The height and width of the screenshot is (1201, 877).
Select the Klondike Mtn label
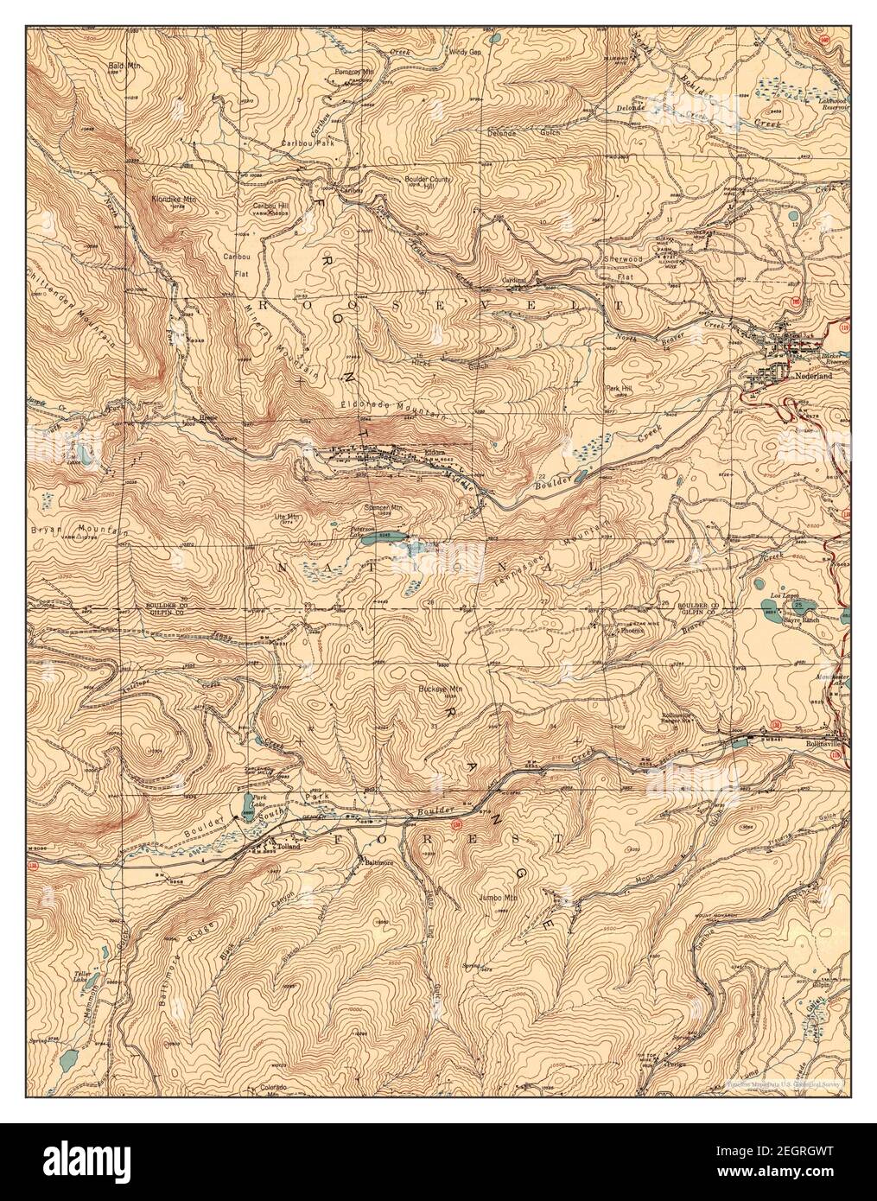click(x=170, y=199)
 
